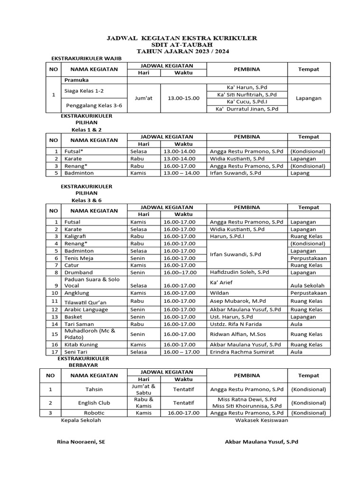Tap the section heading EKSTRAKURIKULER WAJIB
(x=86, y=58)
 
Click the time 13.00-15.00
(x=183, y=98)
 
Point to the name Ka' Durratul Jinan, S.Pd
(x=246, y=109)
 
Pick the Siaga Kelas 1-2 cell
(x=84, y=90)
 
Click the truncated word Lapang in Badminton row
(x=300, y=173)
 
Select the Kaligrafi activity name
(x=76, y=236)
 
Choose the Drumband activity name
(x=79, y=272)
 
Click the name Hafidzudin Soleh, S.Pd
(x=239, y=272)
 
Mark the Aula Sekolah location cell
(x=307, y=286)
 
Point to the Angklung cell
(x=76, y=293)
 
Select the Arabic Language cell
(x=86, y=309)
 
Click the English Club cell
(x=94, y=402)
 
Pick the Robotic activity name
(x=94, y=413)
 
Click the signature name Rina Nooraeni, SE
(x=81, y=441)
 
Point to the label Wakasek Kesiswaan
(x=262, y=420)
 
